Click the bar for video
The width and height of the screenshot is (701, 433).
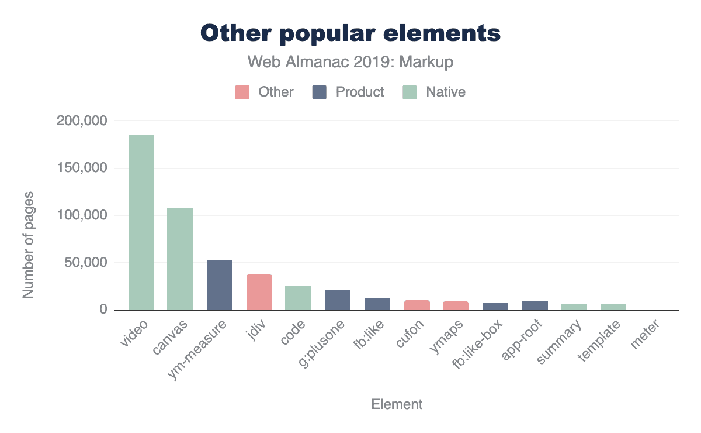[141, 222]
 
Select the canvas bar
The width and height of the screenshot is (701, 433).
[180, 259]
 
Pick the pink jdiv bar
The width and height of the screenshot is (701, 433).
[259, 292]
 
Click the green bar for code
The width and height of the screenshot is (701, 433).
[298, 298]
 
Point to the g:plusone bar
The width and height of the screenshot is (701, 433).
[338, 300]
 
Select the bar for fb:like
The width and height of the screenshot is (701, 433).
[377, 304]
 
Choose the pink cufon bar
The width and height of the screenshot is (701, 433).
[417, 305]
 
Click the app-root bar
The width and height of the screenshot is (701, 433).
[535, 305]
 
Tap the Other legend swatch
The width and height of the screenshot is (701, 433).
[242, 92]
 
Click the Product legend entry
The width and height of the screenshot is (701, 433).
[348, 92]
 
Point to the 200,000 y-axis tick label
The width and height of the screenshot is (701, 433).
[82, 121]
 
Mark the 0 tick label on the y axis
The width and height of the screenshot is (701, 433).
[103, 310]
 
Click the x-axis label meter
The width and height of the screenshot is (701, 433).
[645, 336]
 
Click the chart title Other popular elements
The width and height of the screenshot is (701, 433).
[350, 33]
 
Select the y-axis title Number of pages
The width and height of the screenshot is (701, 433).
[28, 245]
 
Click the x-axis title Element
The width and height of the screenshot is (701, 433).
[397, 404]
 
